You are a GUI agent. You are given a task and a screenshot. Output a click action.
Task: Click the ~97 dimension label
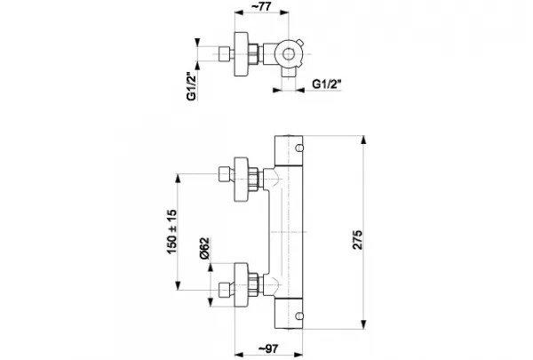pyautogui.click(x=268, y=348)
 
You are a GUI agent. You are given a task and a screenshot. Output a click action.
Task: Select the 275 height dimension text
pyautogui.click(x=358, y=240)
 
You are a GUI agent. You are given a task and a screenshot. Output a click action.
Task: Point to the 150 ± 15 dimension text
pyautogui.click(x=171, y=232)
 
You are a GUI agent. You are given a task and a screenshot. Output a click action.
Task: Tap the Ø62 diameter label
pyautogui.click(x=205, y=248)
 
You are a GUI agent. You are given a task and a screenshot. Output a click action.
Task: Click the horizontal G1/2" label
pyautogui.click(x=326, y=84)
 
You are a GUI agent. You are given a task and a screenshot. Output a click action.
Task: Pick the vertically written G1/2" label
pyautogui.click(x=192, y=86)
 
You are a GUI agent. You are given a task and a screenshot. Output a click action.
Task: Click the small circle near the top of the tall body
pyautogui.click(x=299, y=148)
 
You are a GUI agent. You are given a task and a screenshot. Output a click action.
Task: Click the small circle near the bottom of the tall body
pyautogui.click(x=299, y=316)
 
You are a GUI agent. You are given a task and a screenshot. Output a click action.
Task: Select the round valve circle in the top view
pyautogui.click(x=288, y=54)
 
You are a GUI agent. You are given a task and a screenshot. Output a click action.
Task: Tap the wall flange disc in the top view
pyautogui.click(x=242, y=54)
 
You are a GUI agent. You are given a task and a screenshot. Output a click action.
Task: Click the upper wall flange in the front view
pyautogui.click(x=242, y=180)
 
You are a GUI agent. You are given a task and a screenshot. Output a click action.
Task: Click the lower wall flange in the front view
pyautogui.click(x=242, y=284)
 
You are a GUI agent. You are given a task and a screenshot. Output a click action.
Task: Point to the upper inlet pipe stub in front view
pyautogui.click(x=225, y=174)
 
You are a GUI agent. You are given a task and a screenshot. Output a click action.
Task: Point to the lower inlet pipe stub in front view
pyautogui.click(x=225, y=290)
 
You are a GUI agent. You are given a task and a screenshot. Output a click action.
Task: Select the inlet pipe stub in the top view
pyautogui.click(x=225, y=54)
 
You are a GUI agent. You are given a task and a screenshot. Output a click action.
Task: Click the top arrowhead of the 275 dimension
pyautogui.click(x=363, y=140)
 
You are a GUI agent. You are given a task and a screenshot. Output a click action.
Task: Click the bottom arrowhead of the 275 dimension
pyautogui.click(x=363, y=324)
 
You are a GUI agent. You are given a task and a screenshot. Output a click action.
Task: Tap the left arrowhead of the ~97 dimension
pyautogui.click(x=239, y=355)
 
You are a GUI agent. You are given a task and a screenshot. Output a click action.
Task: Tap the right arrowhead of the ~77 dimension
pyautogui.click(x=284, y=12)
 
